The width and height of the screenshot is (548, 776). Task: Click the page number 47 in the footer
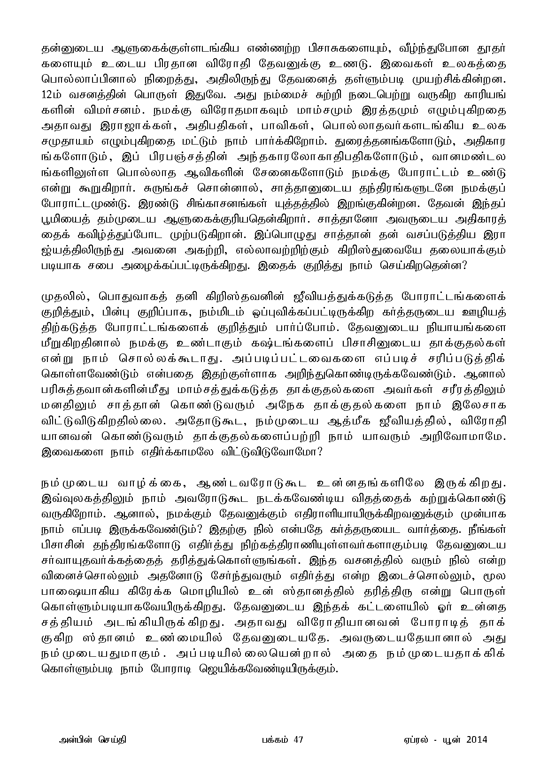299,740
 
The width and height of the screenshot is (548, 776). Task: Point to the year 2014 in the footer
477,740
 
